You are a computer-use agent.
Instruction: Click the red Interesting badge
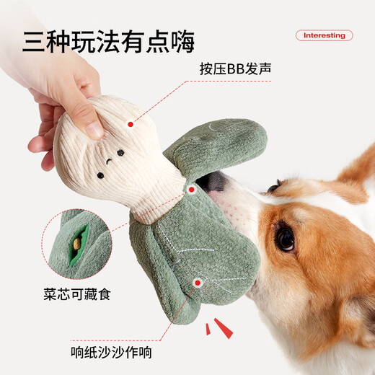point(324,35)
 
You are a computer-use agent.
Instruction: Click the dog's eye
point(286,239)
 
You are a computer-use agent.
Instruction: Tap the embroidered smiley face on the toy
point(109,162)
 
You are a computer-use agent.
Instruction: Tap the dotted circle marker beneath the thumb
point(130,124)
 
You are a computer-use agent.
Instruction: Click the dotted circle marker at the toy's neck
point(192,190)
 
